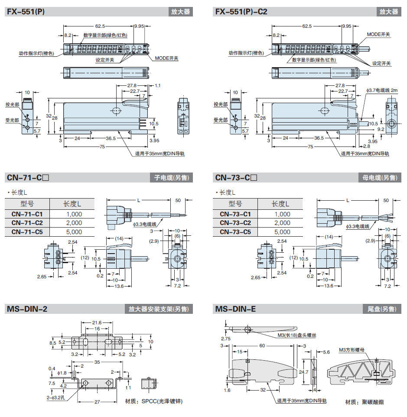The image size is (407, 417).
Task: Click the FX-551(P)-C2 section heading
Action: (241, 12)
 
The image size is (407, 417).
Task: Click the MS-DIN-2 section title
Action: (27, 309)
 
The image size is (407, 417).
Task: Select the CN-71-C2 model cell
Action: (27, 223)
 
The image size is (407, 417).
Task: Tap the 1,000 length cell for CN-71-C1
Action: (74, 214)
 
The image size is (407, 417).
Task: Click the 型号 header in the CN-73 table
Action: (235, 204)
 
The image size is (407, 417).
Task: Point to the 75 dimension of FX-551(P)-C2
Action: (310, 147)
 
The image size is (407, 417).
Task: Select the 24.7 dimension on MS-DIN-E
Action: (304, 371)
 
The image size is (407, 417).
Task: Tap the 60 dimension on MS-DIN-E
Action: (262, 345)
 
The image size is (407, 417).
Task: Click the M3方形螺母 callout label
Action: (352, 349)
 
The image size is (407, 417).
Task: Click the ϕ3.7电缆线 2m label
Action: (381, 90)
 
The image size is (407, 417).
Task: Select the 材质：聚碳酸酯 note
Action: (364, 402)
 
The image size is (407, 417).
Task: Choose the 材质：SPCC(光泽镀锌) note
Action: (153, 401)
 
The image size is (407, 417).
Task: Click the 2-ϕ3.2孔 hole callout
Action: (56, 397)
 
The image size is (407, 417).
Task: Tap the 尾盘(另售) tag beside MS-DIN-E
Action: (380, 309)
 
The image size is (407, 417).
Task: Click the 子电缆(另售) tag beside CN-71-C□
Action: (172, 178)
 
